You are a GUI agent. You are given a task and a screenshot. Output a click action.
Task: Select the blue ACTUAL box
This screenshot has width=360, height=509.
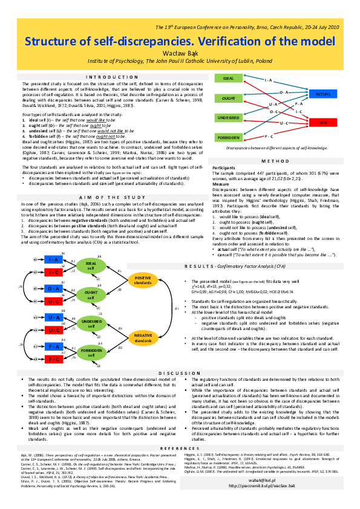(323, 95)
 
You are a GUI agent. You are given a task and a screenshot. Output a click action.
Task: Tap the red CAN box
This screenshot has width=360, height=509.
(323, 123)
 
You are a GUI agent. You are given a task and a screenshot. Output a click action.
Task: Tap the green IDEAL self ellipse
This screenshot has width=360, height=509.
(91, 266)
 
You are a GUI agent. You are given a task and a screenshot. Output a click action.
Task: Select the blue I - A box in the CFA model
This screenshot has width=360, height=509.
(53, 260)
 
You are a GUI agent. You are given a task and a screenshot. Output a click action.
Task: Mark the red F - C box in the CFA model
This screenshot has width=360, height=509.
(53, 359)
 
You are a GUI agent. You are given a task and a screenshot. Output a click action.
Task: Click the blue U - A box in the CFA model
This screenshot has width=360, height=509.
(53, 318)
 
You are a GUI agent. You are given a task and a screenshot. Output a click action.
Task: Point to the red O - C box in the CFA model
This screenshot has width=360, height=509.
(53, 301)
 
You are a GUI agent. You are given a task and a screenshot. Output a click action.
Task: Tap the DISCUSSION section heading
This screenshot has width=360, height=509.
(180, 373)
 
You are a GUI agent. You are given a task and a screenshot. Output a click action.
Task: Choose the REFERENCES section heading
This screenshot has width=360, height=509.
(180, 448)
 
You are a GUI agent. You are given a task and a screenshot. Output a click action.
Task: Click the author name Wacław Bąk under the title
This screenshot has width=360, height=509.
(180, 53)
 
